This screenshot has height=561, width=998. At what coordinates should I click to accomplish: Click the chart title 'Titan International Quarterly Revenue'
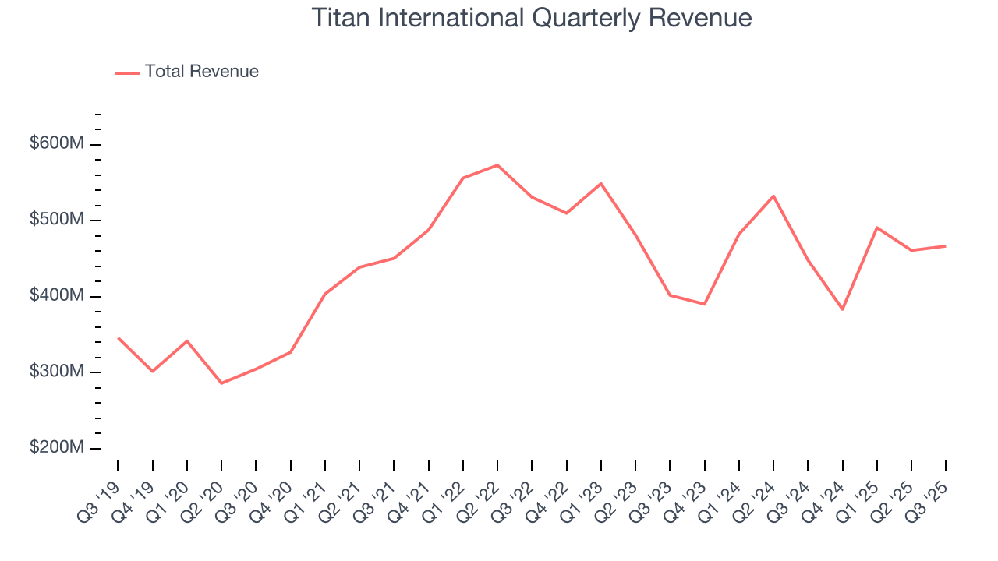point(532,18)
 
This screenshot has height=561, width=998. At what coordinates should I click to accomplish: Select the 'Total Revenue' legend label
point(201,72)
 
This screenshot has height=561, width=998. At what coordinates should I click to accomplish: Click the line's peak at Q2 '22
point(497,165)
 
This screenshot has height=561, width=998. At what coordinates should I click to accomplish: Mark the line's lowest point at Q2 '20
point(221,383)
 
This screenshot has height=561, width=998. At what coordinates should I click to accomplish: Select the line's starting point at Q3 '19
point(119,338)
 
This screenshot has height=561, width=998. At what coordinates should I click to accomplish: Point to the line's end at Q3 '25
point(946,246)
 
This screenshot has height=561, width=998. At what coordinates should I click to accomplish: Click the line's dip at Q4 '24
point(842,309)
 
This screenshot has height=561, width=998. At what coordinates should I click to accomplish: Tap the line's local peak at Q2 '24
point(773,196)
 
